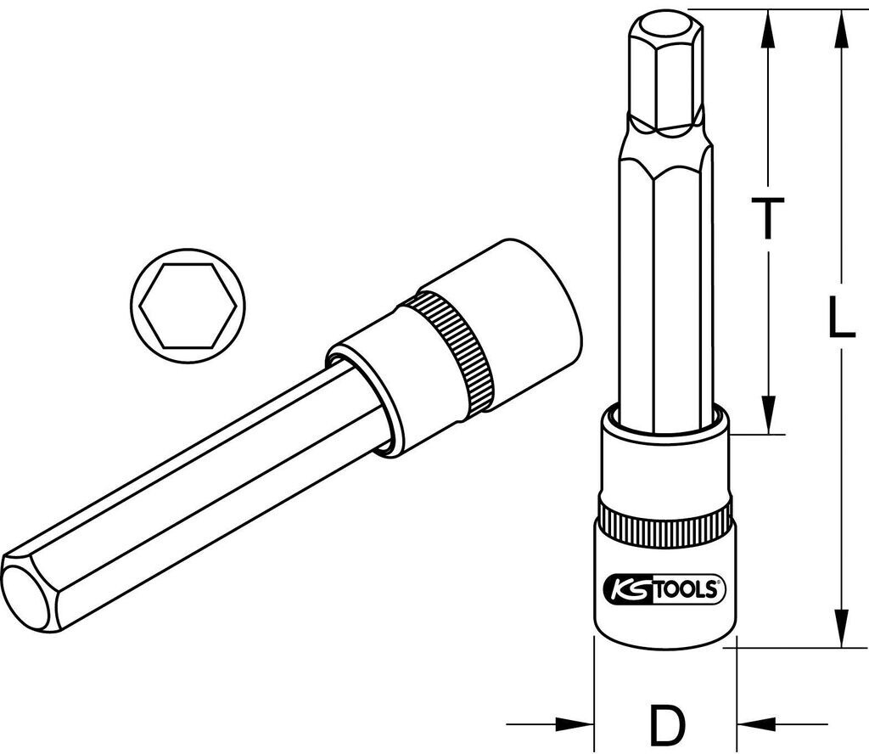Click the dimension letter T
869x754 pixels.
[768, 219]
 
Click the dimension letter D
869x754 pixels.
[667, 723]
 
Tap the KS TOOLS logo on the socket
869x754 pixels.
[664, 589]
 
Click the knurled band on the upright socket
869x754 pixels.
[664, 524]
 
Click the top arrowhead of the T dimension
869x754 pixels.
[768, 25]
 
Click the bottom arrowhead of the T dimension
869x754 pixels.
[768, 416]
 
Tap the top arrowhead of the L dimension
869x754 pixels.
[840, 25]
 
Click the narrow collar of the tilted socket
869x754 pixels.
[373, 391]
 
